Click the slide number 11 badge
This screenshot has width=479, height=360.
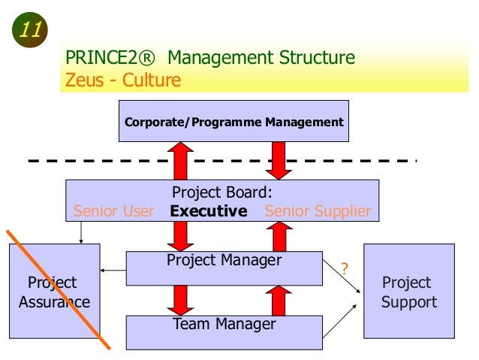(x=29, y=31)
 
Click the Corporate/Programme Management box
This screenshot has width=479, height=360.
(x=233, y=122)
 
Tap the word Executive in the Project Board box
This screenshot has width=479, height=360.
(x=209, y=211)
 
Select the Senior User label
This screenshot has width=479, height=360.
(x=114, y=211)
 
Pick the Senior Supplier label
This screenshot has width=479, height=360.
(x=318, y=211)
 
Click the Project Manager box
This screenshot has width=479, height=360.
(x=224, y=268)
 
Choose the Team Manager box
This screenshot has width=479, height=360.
(x=224, y=331)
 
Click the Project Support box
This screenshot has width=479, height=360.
(x=408, y=292)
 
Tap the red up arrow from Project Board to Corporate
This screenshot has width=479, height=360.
(x=181, y=159)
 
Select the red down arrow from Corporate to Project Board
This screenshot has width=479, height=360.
(x=279, y=159)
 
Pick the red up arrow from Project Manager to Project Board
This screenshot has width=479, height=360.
(x=279, y=237)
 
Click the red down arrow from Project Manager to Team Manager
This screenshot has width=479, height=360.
(x=181, y=300)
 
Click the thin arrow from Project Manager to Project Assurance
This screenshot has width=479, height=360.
(x=113, y=270)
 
